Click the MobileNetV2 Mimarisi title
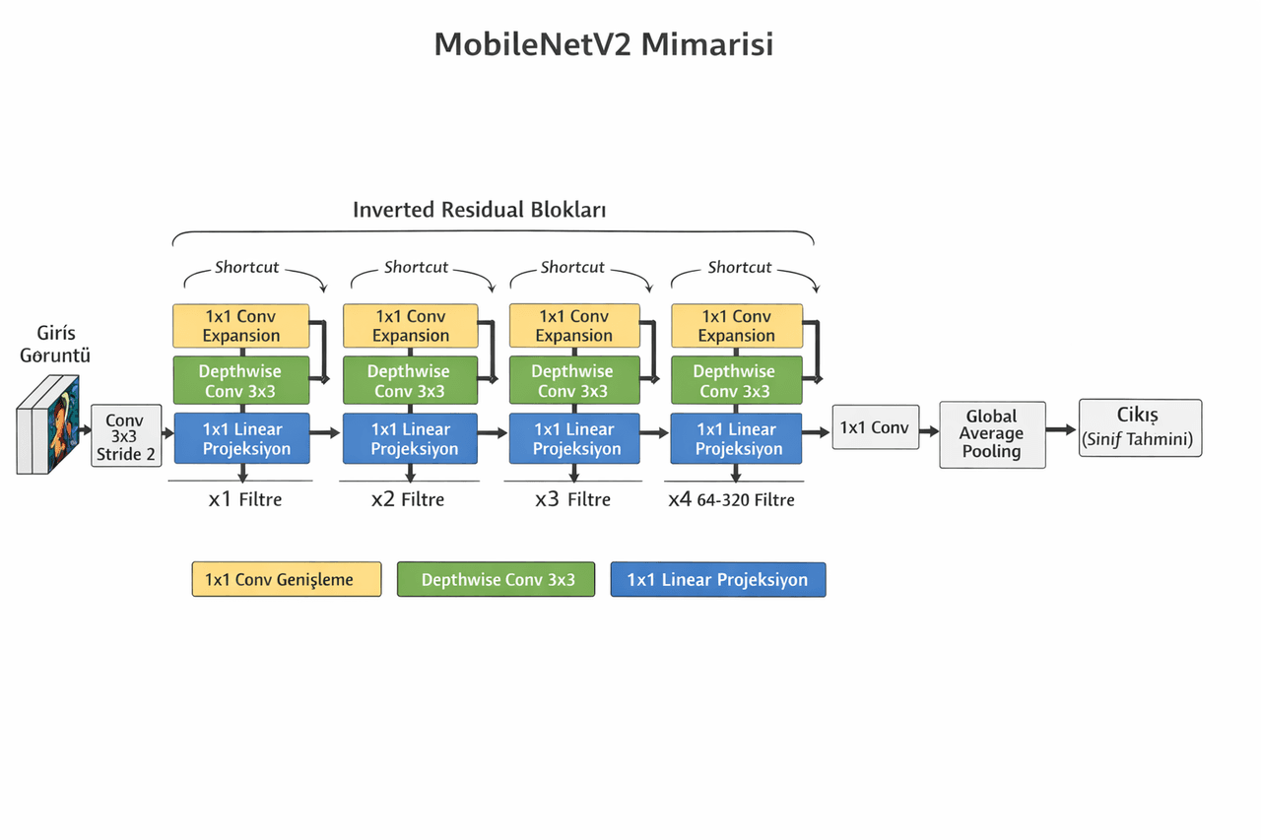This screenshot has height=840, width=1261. [x=604, y=44]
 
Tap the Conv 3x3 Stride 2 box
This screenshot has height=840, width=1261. [x=126, y=436]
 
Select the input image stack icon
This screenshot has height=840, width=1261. [x=48, y=424]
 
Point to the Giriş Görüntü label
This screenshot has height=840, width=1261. [x=55, y=344]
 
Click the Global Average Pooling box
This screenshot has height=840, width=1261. [x=992, y=434]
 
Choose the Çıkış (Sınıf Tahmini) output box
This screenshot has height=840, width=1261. [x=1141, y=427]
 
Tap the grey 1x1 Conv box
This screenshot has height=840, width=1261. [x=876, y=427]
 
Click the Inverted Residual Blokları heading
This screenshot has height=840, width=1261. [x=479, y=210]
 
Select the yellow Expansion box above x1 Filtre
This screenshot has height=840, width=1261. [x=241, y=326]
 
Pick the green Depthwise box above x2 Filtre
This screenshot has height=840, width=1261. [x=411, y=380]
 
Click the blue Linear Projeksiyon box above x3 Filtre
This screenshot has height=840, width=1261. [x=574, y=438]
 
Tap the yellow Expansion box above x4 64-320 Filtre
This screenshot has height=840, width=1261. [x=737, y=326]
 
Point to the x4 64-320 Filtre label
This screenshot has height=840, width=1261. [x=731, y=499]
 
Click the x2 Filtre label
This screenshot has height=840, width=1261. [x=408, y=499]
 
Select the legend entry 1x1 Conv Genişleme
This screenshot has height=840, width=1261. [x=287, y=579]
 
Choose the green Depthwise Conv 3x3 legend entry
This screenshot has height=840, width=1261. [x=496, y=579]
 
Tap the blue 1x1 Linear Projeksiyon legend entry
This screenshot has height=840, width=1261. [x=718, y=579]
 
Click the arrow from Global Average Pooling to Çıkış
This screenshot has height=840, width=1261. [x=1061, y=429]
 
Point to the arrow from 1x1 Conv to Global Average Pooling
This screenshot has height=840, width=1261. [x=929, y=431]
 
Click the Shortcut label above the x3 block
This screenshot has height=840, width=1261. [x=572, y=267]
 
